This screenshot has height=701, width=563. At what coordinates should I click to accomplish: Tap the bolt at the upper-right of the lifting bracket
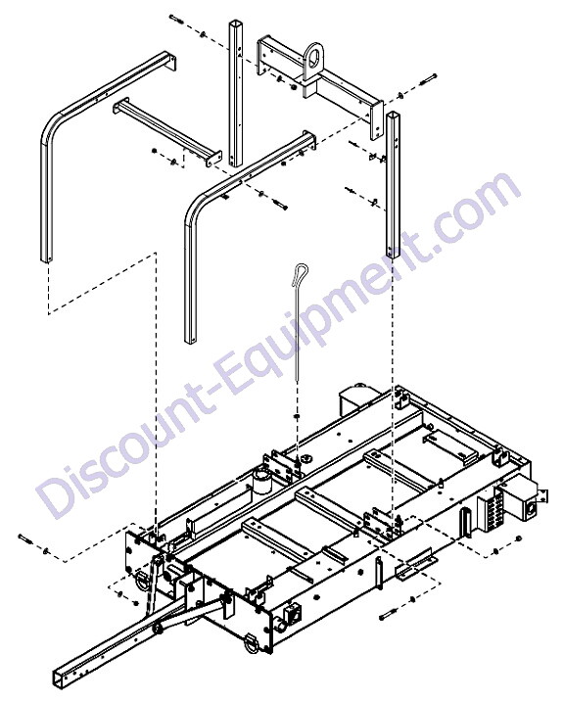point(428,80)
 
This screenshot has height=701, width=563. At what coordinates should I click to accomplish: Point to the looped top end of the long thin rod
point(302,273)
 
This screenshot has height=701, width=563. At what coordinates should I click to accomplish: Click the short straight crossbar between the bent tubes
point(167,132)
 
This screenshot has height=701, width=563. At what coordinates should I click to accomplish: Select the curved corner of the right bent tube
point(196,207)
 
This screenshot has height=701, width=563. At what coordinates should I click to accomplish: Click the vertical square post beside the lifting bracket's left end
point(236,93)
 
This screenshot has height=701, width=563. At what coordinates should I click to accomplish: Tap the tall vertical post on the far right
point(393,185)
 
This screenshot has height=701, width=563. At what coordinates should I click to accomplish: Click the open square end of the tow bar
point(62,676)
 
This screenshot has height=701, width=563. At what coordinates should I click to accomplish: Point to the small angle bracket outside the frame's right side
point(417,569)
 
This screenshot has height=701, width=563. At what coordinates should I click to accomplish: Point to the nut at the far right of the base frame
point(519,537)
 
